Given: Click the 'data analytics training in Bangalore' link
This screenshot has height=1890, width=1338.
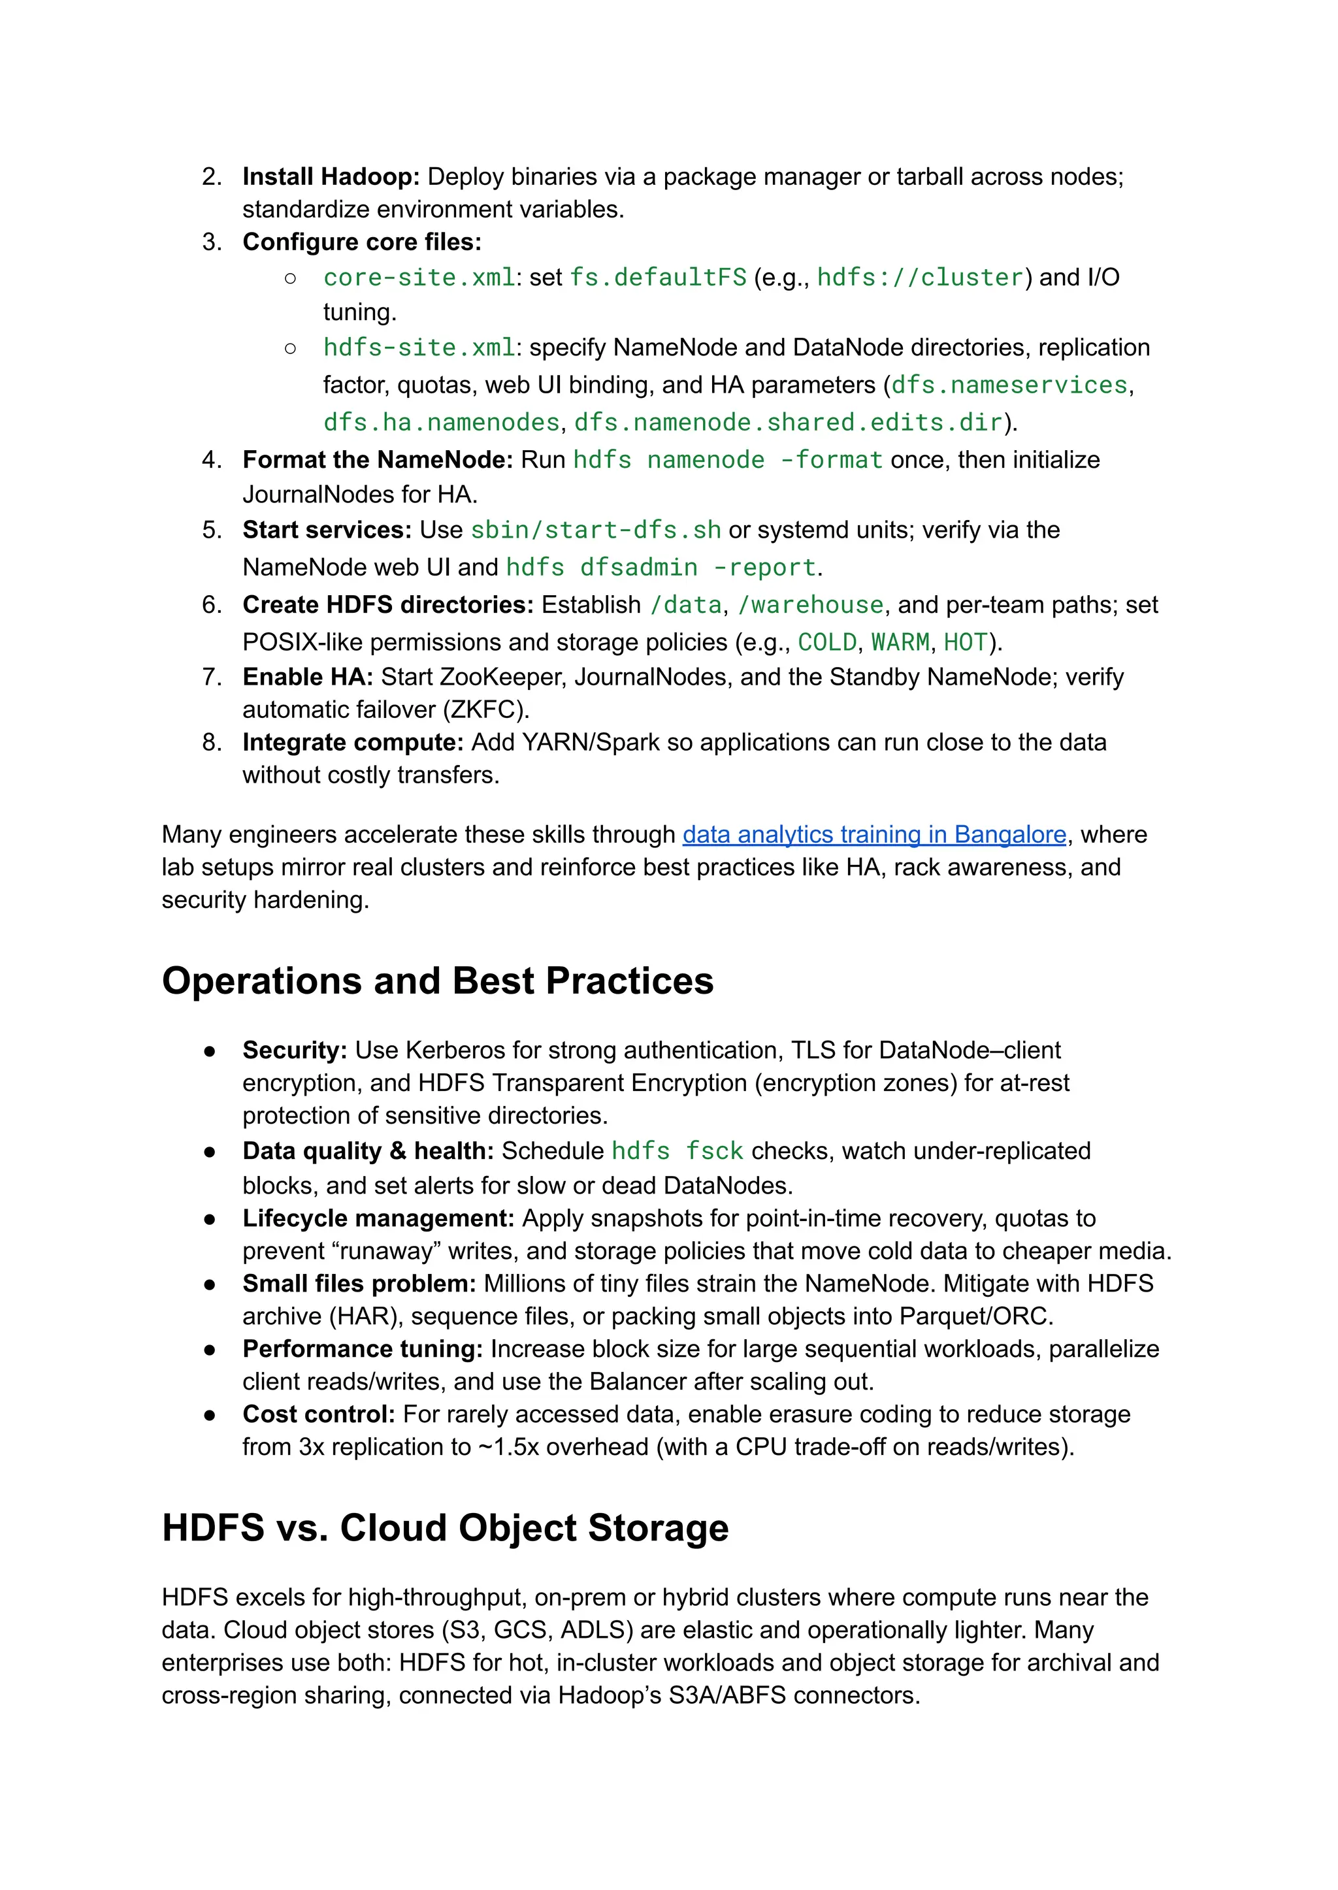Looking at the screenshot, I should tap(874, 835).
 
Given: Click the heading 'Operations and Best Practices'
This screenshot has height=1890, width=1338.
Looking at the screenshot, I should tap(438, 981).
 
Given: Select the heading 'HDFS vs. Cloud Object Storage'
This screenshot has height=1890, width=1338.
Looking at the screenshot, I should tap(445, 1527).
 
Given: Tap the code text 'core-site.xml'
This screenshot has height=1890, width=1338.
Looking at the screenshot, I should tap(419, 278).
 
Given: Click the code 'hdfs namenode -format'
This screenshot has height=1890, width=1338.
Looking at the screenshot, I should tap(728, 460).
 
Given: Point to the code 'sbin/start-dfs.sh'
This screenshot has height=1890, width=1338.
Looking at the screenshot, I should tap(596, 530).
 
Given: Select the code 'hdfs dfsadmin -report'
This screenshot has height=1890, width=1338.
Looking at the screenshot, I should tap(661, 568).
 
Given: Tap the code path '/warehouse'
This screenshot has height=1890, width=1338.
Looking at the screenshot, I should tap(810, 605).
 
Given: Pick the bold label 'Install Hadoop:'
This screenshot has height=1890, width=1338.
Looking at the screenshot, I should tap(331, 176).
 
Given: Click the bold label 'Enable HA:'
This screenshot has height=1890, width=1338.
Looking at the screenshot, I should tap(307, 676).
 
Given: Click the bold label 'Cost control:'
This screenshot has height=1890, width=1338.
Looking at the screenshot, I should tap(318, 1414).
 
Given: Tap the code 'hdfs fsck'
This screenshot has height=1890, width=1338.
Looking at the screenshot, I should tap(677, 1151).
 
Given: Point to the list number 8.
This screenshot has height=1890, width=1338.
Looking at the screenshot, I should tap(211, 742).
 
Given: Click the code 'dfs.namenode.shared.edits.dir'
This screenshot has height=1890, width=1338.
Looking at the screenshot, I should tap(788, 423).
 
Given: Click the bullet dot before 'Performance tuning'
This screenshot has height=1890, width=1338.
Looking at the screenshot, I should tap(210, 1350).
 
